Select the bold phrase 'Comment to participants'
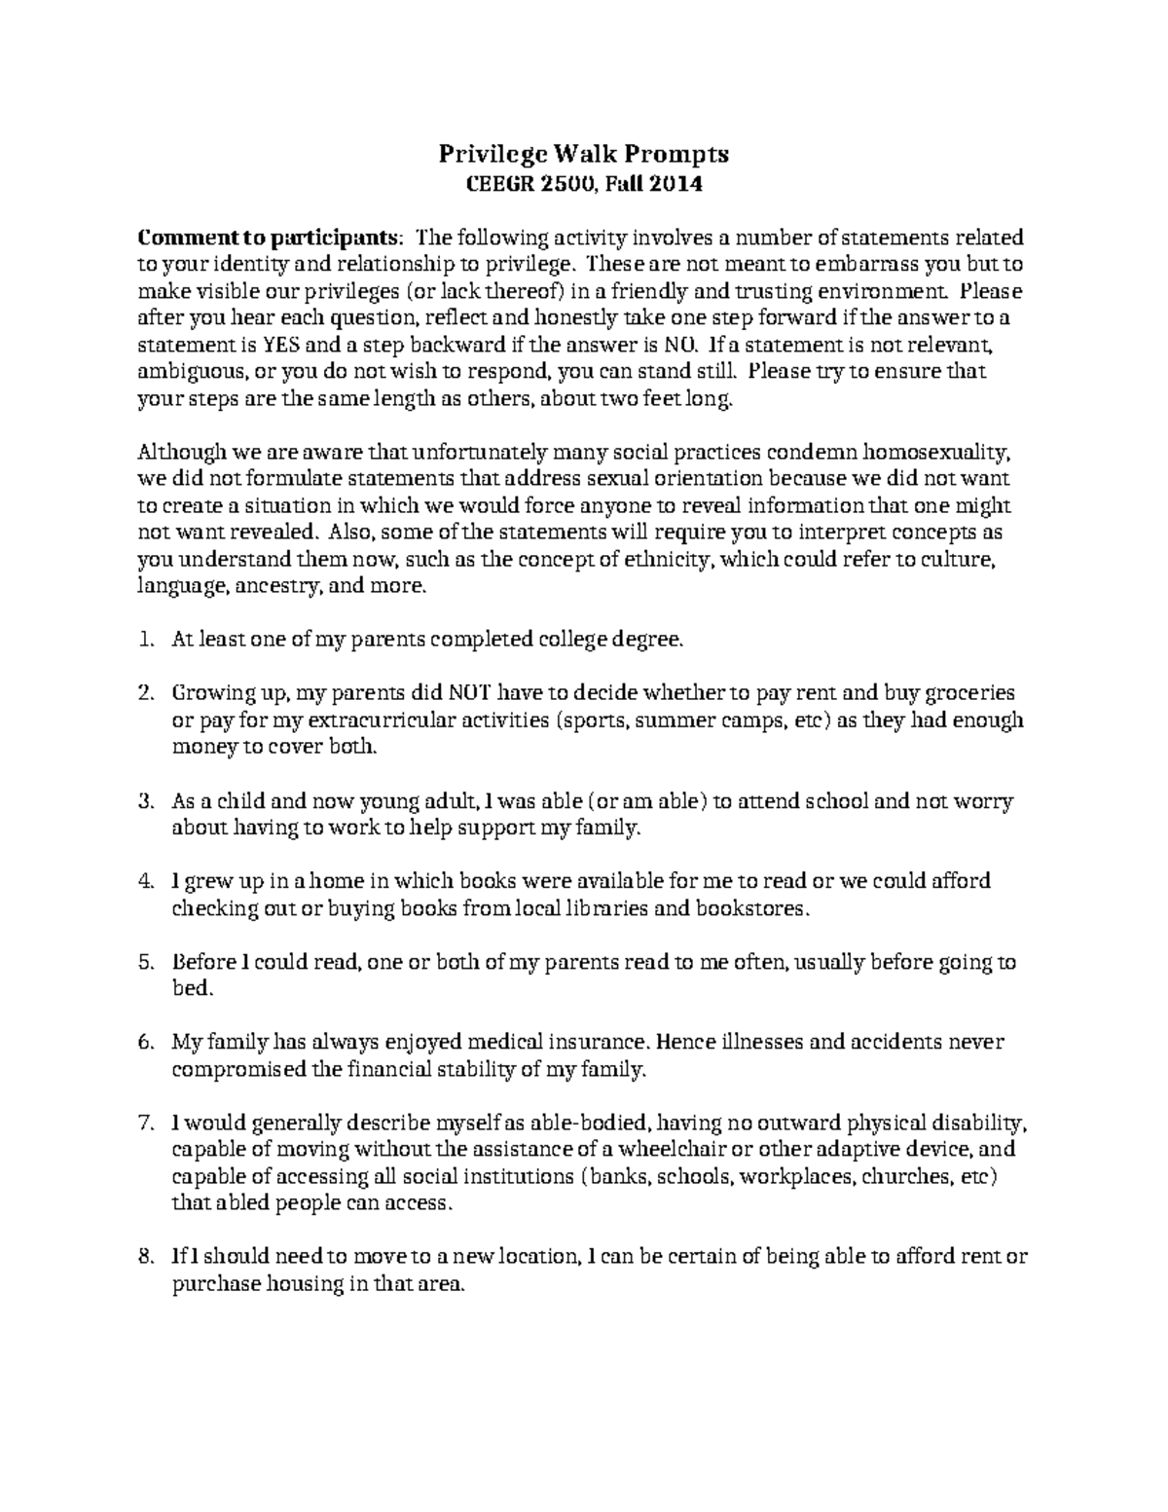pos(267,239)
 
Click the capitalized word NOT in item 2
pos(469,693)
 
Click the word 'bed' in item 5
pos(189,989)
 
